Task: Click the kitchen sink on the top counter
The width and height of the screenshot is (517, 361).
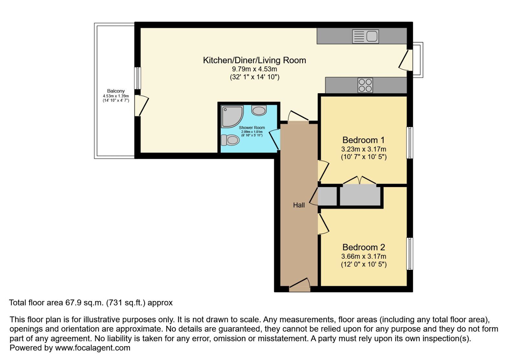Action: [365, 36]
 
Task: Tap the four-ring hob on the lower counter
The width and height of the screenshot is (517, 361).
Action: [365, 85]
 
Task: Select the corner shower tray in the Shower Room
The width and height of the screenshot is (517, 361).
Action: [231, 116]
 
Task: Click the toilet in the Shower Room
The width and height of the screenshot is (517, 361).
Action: [230, 140]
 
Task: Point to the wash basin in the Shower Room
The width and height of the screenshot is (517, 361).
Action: [259, 110]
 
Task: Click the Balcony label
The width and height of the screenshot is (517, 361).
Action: [116, 91]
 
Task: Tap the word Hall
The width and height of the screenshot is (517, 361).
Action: [299, 205]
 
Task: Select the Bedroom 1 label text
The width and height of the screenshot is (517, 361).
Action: [364, 140]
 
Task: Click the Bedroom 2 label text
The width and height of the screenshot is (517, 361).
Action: [364, 247]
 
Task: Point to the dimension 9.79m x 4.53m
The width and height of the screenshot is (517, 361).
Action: [254, 69]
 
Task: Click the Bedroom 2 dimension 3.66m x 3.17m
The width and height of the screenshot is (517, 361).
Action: [364, 256]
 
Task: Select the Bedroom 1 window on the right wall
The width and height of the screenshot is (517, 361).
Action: [409, 143]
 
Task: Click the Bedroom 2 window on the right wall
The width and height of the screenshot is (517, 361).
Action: [409, 254]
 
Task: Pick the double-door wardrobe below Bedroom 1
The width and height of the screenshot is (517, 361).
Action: [360, 196]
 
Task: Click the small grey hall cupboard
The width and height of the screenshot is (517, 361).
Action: [327, 196]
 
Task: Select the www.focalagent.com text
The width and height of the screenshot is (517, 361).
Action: [93, 348]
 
